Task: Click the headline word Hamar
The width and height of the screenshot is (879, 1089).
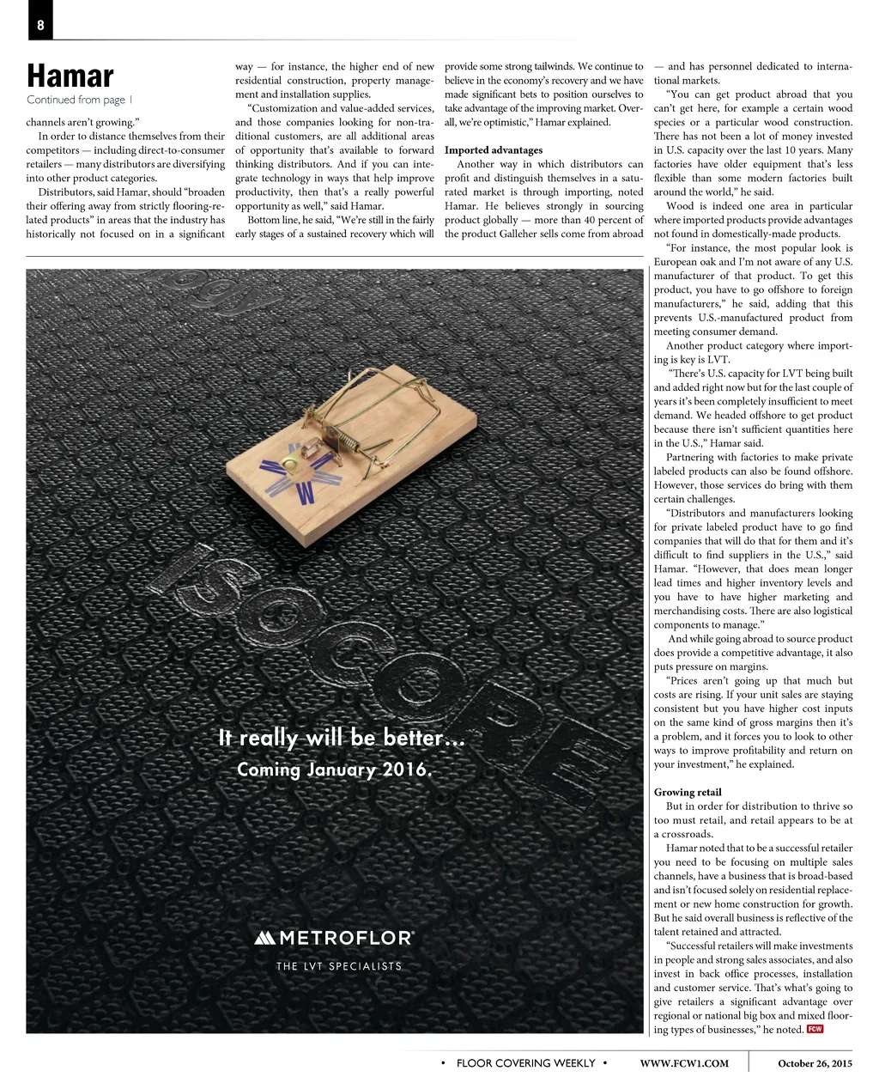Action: click(x=70, y=76)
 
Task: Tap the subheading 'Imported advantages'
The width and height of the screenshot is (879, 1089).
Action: click(x=494, y=150)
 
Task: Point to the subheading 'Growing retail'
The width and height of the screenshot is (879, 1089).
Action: click(x=688, y=792)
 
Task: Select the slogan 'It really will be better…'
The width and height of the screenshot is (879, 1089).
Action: click(x=342, y=738)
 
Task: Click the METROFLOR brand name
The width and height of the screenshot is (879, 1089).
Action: click(x=346, y=938)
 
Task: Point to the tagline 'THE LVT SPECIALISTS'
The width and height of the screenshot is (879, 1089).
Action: click(x=339, y=966)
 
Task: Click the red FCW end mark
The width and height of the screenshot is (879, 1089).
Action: click(x=815, y=1029)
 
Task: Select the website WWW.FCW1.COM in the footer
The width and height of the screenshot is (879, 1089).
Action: click(x=684, y=1063)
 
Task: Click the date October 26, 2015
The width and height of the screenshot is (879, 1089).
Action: click(x=815, y=1063)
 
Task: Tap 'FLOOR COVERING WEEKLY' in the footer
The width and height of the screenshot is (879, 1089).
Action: click(x=525, y=1063)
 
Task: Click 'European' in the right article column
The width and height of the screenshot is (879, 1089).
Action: click(x=675, y=262)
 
